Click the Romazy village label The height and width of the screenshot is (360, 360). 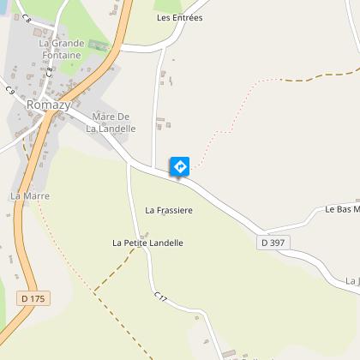pos(47,105)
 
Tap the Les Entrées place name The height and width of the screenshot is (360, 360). pos(179,17)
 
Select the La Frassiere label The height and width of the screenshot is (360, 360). pos(169,209)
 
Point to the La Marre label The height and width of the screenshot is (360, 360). pos(29,195)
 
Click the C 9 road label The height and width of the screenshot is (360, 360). pos(10,90)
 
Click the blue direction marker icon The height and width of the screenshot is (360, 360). pos(179,165)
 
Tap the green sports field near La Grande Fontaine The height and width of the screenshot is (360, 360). pos(99,45)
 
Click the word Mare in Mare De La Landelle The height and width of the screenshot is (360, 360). pos(102,117)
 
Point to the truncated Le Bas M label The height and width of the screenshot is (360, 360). pos(341,208)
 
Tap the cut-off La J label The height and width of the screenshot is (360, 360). pos(351,280)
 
